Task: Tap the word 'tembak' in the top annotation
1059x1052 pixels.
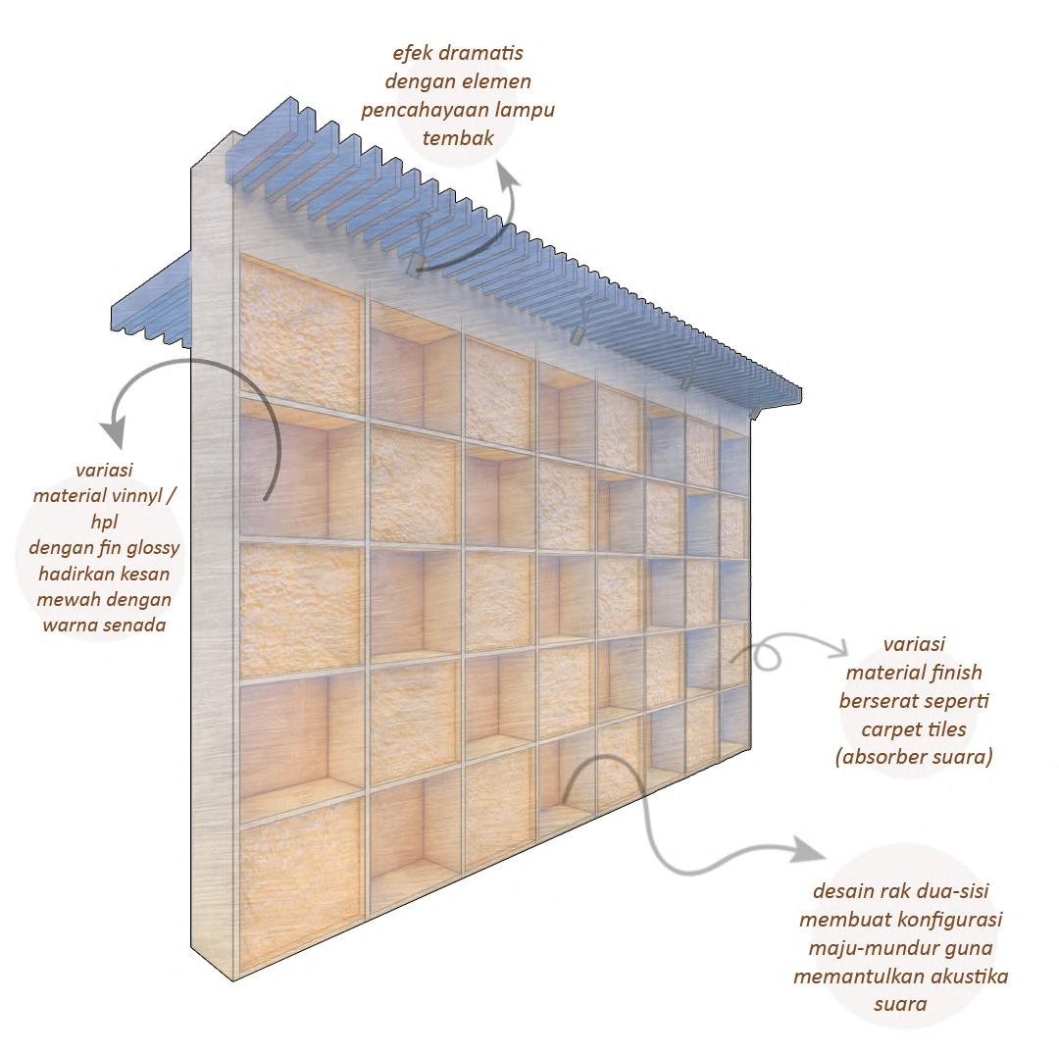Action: pos(458,136)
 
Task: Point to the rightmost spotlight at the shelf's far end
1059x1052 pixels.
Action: pos(753,413)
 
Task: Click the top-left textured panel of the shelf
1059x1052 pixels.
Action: pos(299,326)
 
